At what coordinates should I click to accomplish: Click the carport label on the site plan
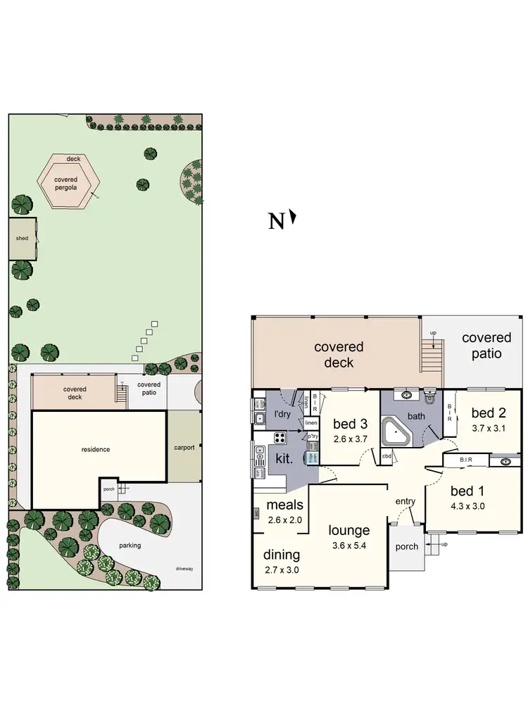pos(184,447)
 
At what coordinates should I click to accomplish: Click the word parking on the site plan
pos(130,545)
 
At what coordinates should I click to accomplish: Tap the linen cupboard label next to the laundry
pos(312,422)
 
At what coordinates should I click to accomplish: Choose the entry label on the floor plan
pos(406,501)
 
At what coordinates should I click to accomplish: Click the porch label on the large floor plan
pos(407,546)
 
